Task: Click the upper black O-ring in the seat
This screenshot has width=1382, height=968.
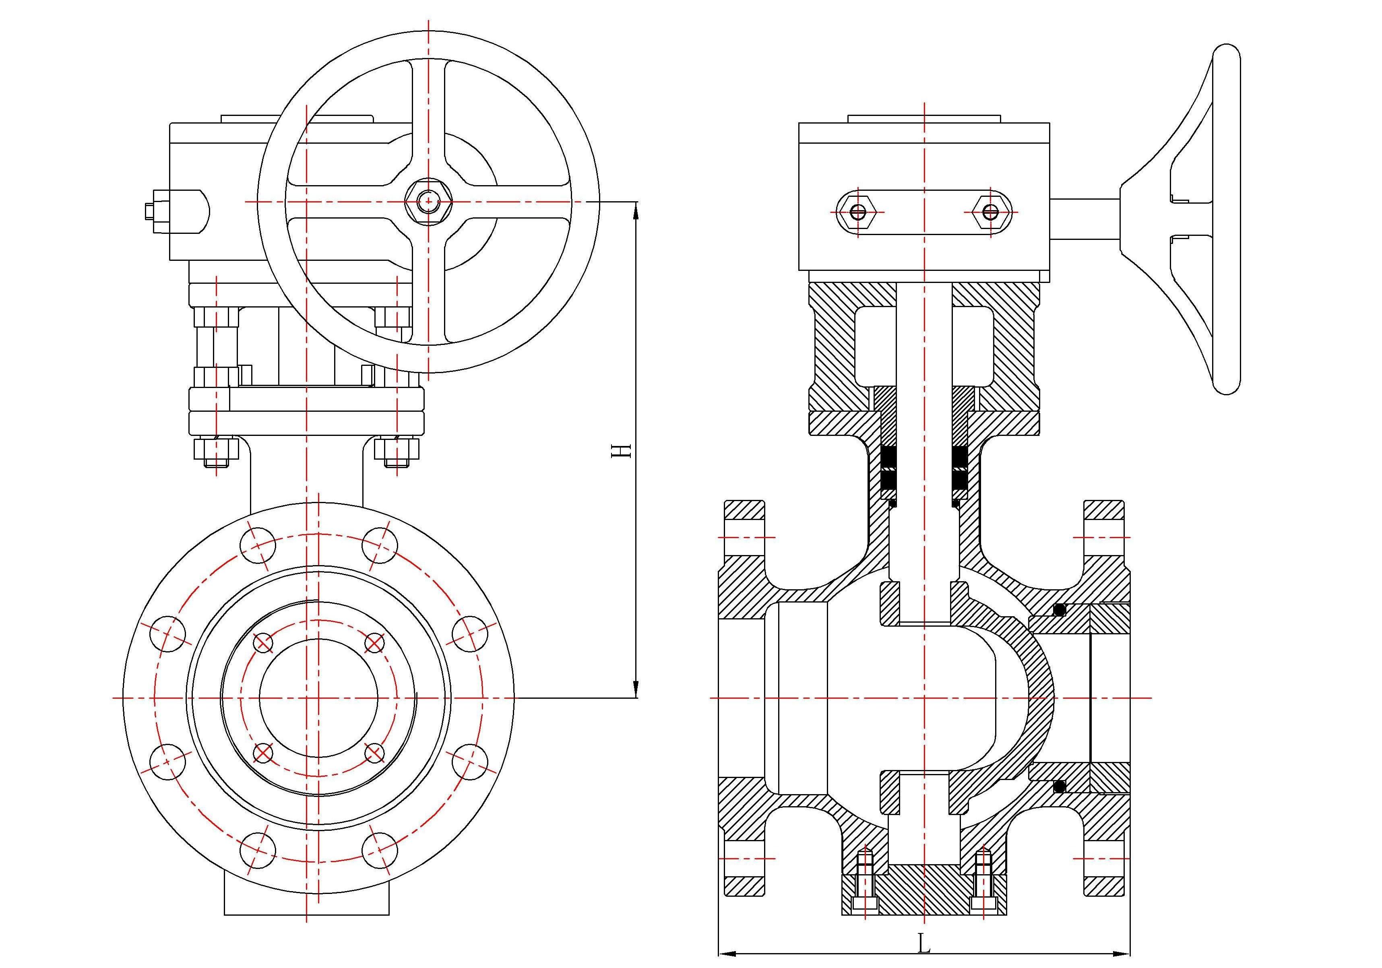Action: pos(1060,610)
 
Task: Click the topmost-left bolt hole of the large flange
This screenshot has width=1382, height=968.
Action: pos(258,545)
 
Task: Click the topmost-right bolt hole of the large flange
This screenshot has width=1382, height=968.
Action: pos(380,545)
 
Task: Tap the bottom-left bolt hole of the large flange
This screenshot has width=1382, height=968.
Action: pos(258,850)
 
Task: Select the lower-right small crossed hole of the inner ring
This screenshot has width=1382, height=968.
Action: pos(374,753)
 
